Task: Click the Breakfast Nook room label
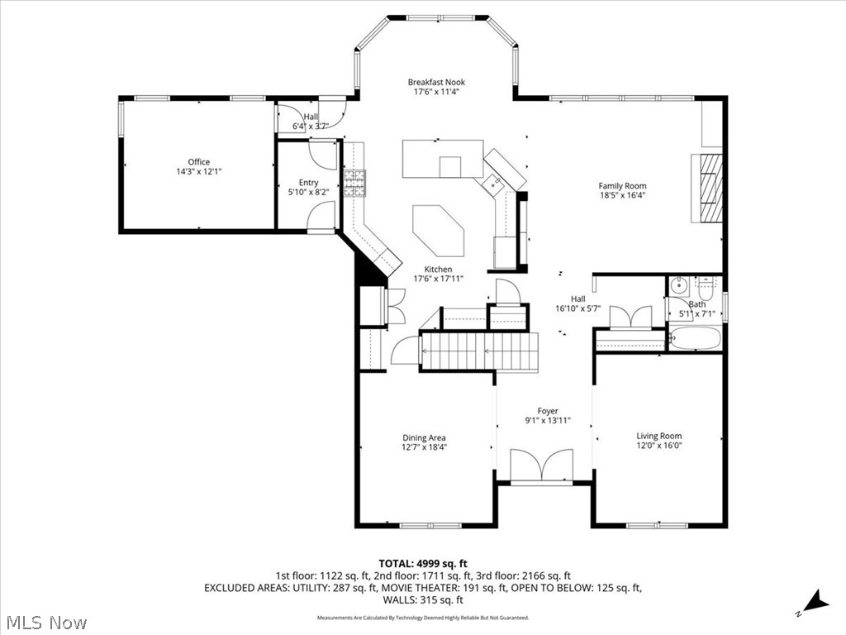[436, 82]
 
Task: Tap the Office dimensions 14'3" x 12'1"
[198, 172]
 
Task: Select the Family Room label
[622, 186]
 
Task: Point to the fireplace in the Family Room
[709, 189]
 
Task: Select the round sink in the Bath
[679, 287]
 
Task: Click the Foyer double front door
[542, 466]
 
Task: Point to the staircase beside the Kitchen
[479, 351]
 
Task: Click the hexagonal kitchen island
[439, 231]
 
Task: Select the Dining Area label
[425, 437]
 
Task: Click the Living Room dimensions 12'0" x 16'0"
[658, 445]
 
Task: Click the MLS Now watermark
[46, 622]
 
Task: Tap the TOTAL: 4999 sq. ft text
[423, 563]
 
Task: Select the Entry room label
[308, 183]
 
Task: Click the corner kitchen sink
[497, 184]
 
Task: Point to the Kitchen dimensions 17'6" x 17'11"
[438, 279]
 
